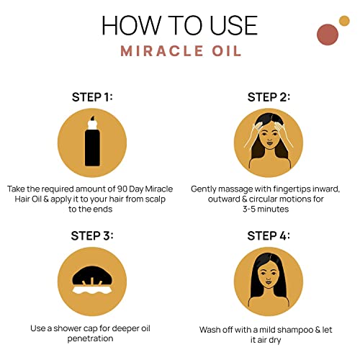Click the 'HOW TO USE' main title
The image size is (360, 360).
[180, 25]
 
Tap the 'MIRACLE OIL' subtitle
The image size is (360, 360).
[181, 51]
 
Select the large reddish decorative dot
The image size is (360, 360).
[328, 35]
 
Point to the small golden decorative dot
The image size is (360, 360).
[344, 21]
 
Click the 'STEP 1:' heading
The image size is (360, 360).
[92, 97]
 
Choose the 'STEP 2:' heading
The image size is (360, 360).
[269, 97]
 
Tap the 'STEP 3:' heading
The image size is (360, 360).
[92, 235]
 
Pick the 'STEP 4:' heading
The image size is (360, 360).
[269, 235]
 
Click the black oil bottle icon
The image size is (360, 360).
[92, 142]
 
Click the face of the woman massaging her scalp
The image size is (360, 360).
[269, 136]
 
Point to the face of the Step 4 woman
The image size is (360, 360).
[269, 276]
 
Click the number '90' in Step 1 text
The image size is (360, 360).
[122, 189]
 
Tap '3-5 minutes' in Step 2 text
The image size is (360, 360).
[266, 209]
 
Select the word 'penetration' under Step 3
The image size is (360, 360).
[90, 338]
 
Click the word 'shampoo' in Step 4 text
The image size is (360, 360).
[290, 330]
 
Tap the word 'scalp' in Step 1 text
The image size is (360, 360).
[156, 199]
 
